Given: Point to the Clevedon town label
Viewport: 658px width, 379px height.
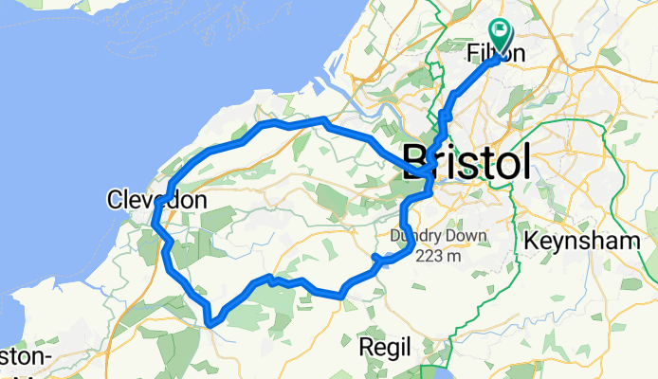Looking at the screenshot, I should pos(156,200).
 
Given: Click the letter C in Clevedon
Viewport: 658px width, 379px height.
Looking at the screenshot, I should pos(115,200).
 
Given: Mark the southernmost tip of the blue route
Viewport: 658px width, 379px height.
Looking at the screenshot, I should pos(210,326).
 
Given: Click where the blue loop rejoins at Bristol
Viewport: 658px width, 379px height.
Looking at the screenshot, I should pos(428,171).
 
